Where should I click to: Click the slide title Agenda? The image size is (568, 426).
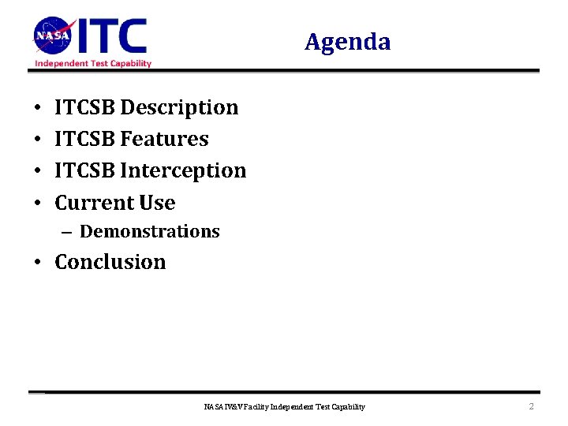[347, 42]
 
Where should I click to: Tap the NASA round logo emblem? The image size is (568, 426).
[52, 35]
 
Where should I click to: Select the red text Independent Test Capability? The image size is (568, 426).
[92, 63]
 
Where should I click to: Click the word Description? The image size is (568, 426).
[179, 107]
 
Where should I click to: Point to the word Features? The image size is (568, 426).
[164, 139]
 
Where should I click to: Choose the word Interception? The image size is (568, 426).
[183, 170]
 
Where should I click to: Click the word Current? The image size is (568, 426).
[94, 203]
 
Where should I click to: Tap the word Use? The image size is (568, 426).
[157, 203]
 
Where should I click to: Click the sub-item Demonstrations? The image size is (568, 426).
[150, 232]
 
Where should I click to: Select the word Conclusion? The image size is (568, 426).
[110, 262]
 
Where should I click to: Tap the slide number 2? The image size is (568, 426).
[531, 406]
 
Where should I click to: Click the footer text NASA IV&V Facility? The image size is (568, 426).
[236, 407]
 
